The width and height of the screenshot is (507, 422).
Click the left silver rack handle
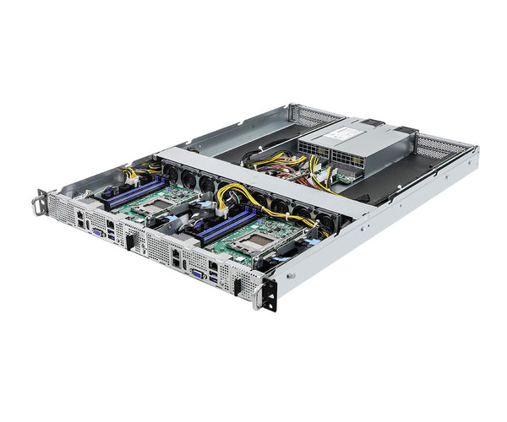[39, 203]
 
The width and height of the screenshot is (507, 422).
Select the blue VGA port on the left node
[99, 232]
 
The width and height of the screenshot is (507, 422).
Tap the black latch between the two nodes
[130, 242]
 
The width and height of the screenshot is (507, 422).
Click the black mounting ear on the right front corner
[270, 292]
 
